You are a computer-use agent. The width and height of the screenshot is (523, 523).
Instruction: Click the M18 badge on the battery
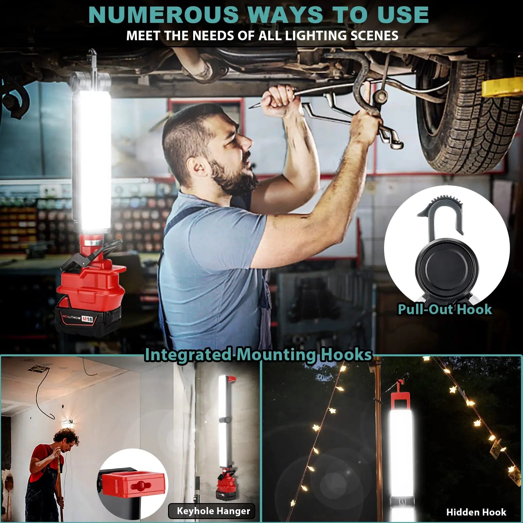87,319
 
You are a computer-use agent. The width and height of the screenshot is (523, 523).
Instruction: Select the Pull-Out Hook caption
445,309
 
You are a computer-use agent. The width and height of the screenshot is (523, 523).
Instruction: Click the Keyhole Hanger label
213,511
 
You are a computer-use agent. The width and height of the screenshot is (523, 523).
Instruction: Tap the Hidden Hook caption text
476,512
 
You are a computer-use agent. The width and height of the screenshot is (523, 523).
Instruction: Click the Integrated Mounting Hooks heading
258,355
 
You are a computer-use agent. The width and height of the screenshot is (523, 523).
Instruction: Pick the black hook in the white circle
441,216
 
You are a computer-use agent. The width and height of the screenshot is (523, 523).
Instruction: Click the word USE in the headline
403,15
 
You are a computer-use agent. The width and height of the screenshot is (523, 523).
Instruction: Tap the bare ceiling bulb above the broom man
67,425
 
